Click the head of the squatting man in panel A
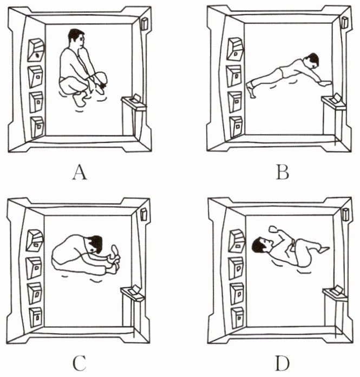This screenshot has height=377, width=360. [76, 39]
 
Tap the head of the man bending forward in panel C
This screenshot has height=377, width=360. [95, 244]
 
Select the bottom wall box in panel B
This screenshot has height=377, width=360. [235, 125]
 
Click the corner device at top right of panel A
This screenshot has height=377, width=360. [145, 24]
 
